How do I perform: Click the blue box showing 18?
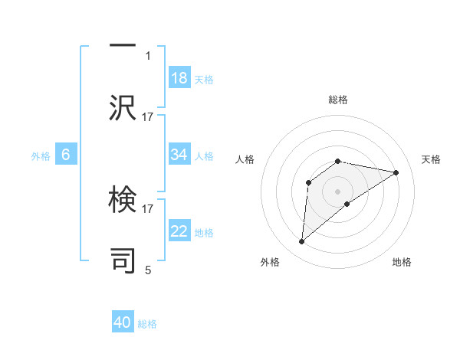(179, 77)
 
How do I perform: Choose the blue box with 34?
(179, 155)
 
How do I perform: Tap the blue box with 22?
(179, 231)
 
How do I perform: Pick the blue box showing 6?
(66, 155)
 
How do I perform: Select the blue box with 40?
(123, 322)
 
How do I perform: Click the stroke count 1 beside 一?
(148, 55)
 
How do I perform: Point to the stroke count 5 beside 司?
(148, 270)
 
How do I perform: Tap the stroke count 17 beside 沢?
(148, 116)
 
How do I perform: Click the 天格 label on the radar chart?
(431, 159)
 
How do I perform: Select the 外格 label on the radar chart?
(270, 262)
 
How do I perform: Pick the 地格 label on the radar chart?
(402, 262)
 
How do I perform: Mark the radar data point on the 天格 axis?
(396, 172)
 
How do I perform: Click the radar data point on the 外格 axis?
(301, 242)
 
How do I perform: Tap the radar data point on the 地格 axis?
(347, 203)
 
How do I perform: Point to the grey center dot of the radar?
(338, 191)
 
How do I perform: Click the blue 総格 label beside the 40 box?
(147, 324)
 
